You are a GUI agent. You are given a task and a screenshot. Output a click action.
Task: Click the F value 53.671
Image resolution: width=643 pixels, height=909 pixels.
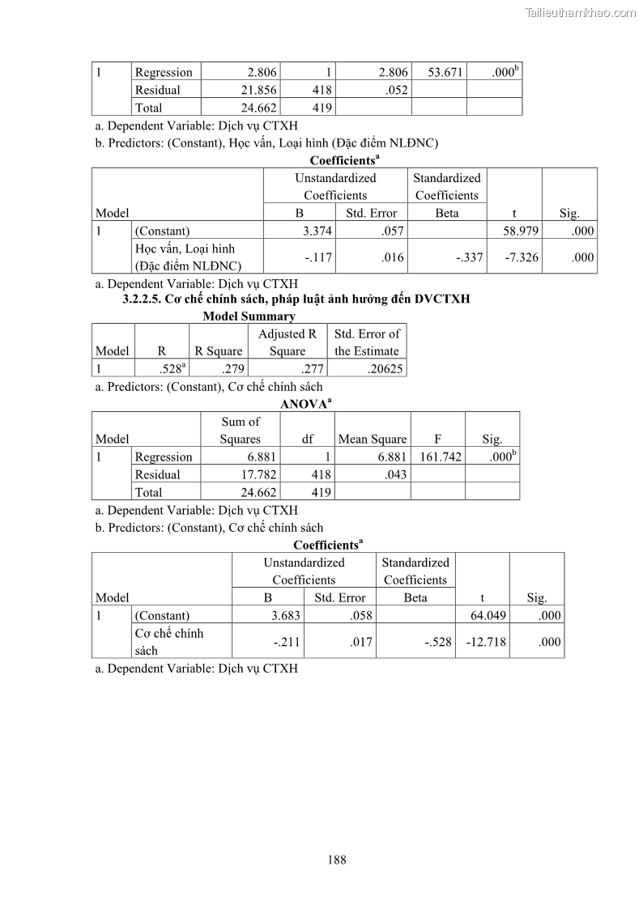point(445,72)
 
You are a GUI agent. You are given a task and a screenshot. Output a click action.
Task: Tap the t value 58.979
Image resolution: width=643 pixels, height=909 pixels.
point(522,231)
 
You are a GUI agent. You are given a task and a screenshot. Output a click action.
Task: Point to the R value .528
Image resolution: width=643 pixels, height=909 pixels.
point(171,368)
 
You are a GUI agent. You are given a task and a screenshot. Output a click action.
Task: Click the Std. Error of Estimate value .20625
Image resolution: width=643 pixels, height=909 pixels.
point(379,368)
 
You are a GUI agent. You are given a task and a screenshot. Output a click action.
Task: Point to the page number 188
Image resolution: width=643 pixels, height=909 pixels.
point(337,860)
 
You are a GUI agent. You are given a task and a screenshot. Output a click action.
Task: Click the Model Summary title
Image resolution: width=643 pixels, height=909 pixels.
point(249,316)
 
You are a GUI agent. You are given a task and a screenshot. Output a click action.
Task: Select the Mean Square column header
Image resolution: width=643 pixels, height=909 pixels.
point(372,439)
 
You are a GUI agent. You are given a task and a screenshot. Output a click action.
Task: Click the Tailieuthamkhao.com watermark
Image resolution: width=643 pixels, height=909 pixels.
point(581,12)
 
